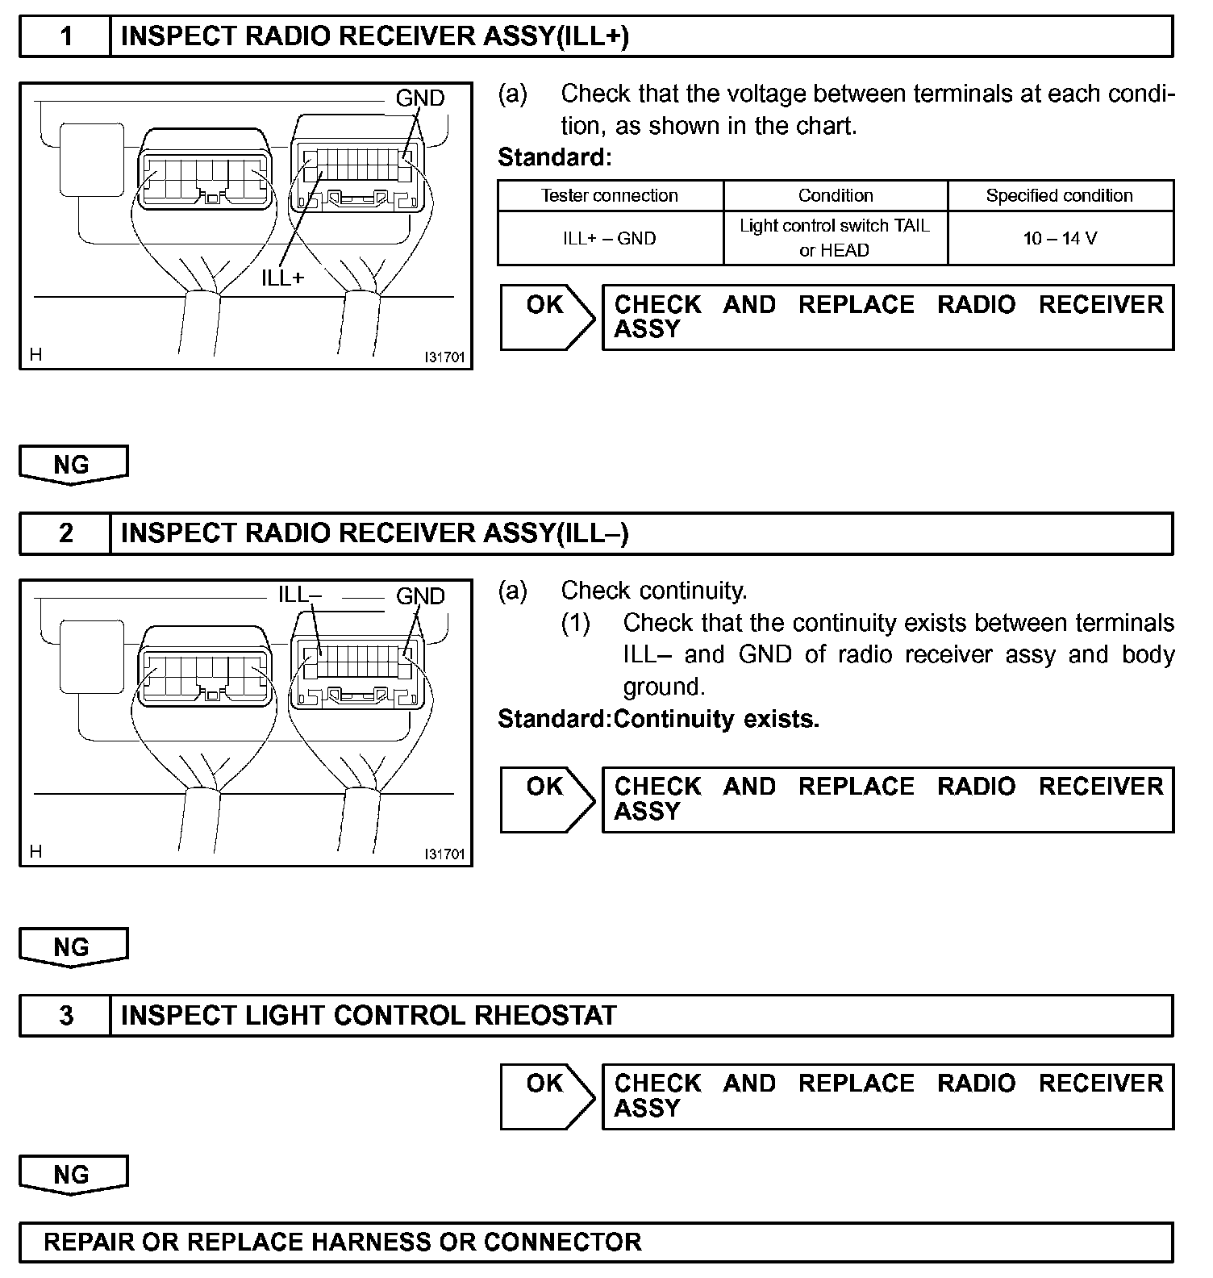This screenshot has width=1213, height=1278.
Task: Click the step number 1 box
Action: tap(66, 36)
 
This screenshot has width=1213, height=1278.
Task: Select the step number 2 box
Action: tap(66, 533)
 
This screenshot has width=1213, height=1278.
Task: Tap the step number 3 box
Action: tap(66, 1015)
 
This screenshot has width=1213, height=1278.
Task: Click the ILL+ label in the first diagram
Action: tap(283, 278)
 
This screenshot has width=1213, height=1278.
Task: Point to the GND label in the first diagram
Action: tap(419, 98)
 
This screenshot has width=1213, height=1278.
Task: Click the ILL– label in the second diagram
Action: tap(299, 595)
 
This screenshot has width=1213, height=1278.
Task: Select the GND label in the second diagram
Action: tap(419, 596)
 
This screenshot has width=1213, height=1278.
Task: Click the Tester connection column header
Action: tap(610, 196)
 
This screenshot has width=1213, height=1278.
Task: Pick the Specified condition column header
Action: tap(1059, 196)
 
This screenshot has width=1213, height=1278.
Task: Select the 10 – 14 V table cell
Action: tap(1059, 239)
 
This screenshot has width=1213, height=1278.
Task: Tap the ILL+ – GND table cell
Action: tap(610, 239)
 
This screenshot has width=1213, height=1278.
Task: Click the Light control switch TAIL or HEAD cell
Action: tap(835, 238)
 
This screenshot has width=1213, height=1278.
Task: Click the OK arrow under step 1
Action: tap(546, 316)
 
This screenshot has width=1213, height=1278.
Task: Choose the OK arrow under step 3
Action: tap(546, 1096)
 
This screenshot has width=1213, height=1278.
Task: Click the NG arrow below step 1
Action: tap(73, 465)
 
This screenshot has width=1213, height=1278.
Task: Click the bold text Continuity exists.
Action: tap(716, 719)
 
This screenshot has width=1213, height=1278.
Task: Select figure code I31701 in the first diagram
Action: tap(445, 357)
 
